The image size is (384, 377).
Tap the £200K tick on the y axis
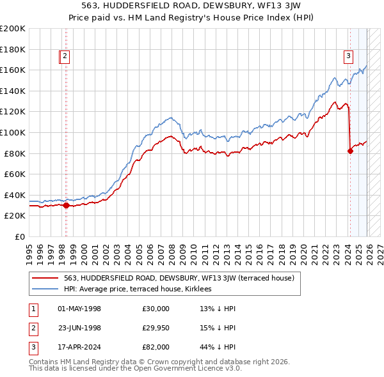tap(13, 29)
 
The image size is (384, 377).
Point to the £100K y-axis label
tap(13, 132)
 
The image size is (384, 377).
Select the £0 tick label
tap(19, 236)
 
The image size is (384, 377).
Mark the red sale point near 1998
tap(66, 205)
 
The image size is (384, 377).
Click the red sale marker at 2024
tap(350, 151)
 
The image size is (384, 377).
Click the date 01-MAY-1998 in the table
tap(79, 309)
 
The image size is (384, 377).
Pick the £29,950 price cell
tap(156, 328)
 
